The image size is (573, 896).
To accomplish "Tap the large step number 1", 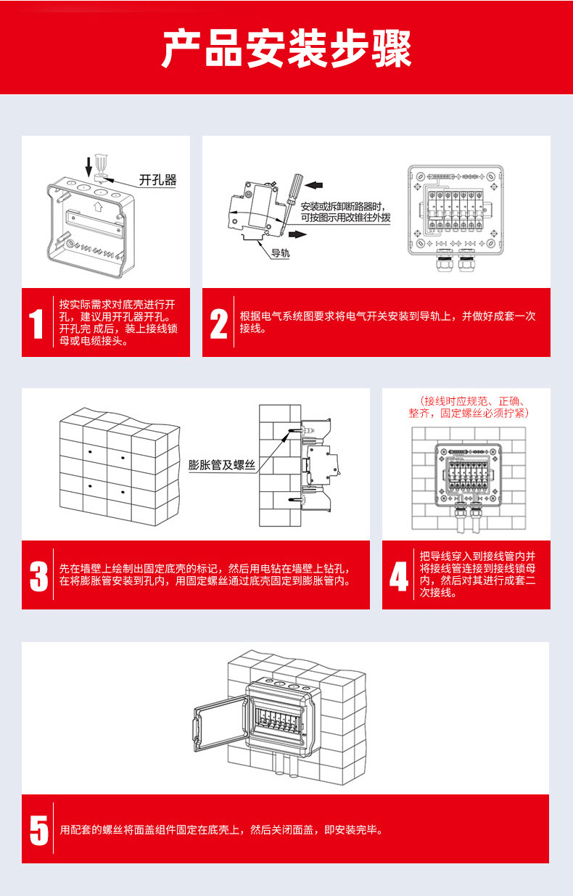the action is (x=36, y=324).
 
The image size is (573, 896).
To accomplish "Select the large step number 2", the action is (x=218, y=324).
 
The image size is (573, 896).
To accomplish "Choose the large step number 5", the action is (x=39, y=829).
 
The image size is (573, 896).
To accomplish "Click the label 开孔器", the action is (x=158, y=179).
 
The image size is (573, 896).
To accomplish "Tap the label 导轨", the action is (x=280, y=253).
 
